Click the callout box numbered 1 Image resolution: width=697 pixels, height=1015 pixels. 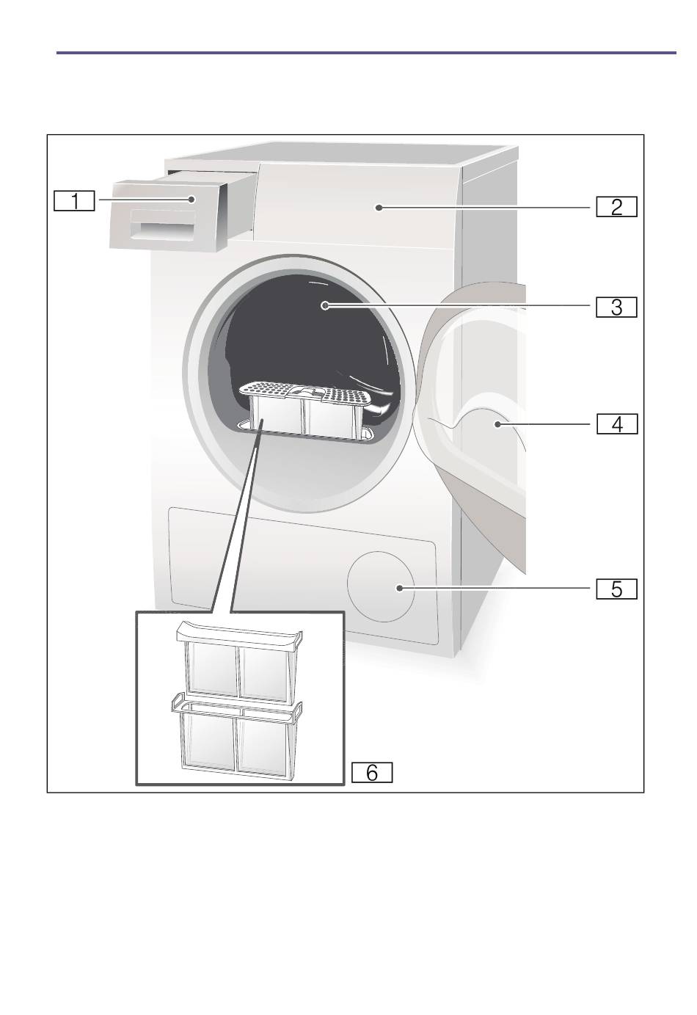click(x=74, y=201)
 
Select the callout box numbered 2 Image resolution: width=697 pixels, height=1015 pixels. click(x=616, y=207)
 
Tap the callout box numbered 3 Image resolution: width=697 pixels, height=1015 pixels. click(x=616, y=307)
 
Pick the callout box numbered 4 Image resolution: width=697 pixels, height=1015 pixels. click(x=617, y=424)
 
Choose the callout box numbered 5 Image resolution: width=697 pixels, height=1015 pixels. click(x=616, y=589)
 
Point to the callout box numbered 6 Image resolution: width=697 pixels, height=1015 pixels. click(x=372, y=773)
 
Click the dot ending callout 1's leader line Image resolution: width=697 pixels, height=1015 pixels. click(x=191, y=200)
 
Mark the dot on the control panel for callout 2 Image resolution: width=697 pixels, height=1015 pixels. click(x=379, y=208)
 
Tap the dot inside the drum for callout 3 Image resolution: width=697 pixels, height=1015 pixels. click(x=325, y=306)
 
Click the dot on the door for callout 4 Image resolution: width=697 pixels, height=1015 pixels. click(x=497, y=424)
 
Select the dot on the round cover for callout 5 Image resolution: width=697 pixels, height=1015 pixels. click(x=399, y=588)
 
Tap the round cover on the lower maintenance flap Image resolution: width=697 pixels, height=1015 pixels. click(x=381, y=586)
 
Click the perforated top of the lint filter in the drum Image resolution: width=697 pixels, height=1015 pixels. click(x=306, y=393)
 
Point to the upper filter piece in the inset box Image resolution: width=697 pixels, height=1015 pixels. click(x=239, y=663)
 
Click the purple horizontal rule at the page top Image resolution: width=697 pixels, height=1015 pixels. click(x=366, y=53)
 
